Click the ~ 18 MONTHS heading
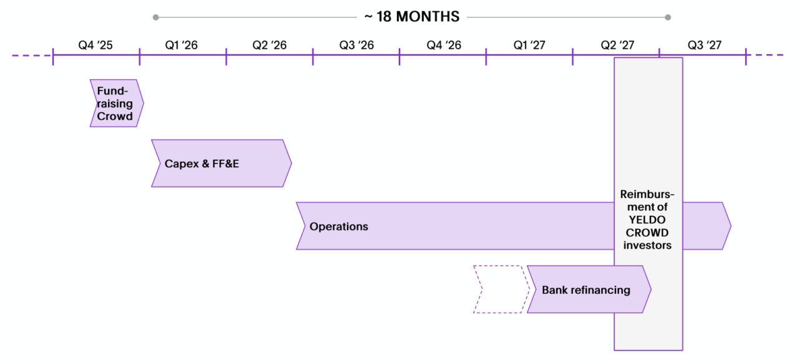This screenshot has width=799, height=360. [x=412, y=17]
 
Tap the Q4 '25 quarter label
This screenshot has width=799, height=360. [x=96, y=45]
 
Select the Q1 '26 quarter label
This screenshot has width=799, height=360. [x=182, y=45]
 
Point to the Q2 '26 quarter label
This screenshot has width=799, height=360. [x=269, y=45]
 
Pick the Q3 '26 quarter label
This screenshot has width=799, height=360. [x=356, y=45]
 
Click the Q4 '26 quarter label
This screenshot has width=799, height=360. [x=443, y=45]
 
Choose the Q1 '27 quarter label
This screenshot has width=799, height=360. [x=529, y=45]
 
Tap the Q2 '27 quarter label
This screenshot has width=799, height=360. [x=617, y=45]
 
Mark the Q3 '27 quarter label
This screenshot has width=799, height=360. [x=704, y=45]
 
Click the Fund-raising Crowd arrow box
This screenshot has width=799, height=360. [x=115, y=104]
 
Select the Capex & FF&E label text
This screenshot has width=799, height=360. [x=202, y=164]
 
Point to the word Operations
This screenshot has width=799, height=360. [x=338, y=226]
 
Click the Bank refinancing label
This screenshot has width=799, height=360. [x=586, y=290]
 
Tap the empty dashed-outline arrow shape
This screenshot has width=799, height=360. [x=499, y=289]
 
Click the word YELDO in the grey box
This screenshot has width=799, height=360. [x=647, y=220]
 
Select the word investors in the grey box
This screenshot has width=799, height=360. [x=647, y=245]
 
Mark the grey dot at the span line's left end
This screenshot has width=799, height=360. [x=155, y=17]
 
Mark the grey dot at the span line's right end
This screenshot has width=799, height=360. [x=668, y=17]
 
